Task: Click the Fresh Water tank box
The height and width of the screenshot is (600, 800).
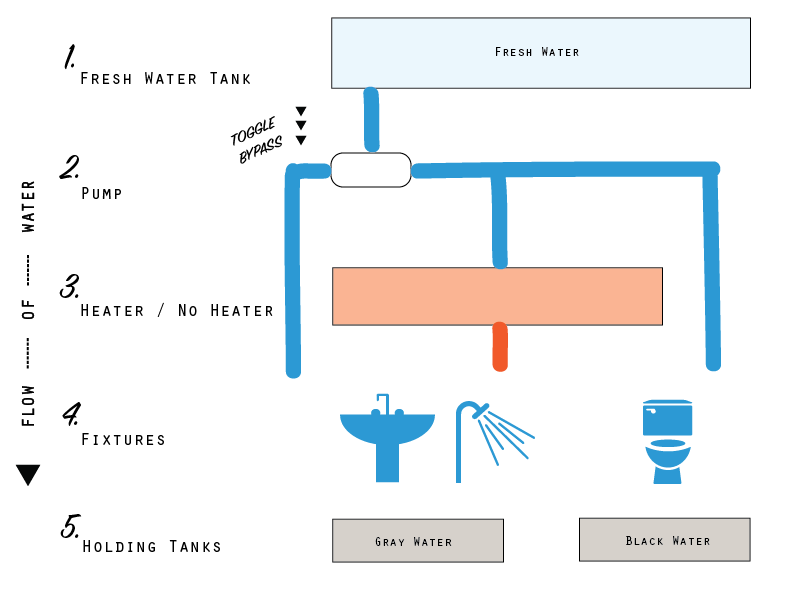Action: pos(540,53)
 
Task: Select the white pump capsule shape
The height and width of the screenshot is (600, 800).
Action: pos(370,170)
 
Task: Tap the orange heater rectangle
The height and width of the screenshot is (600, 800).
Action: pos(497,296)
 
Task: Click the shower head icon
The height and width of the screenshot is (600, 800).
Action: pos(495,435)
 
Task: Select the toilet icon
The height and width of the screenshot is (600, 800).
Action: pos(668,440)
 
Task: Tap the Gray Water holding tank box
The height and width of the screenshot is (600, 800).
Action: pos(417,541)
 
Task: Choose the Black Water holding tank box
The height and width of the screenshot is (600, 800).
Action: pos(664,540)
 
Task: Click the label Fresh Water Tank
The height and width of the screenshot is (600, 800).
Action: pos(165,78)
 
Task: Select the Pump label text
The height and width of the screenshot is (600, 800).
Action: pos(101,193)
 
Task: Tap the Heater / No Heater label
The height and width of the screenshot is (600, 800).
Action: pos(177,311)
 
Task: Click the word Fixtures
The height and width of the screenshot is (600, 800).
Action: pos(122,439)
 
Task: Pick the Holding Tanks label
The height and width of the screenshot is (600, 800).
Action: pos(151,546)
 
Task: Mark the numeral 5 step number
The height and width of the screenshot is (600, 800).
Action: pos(69,526)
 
